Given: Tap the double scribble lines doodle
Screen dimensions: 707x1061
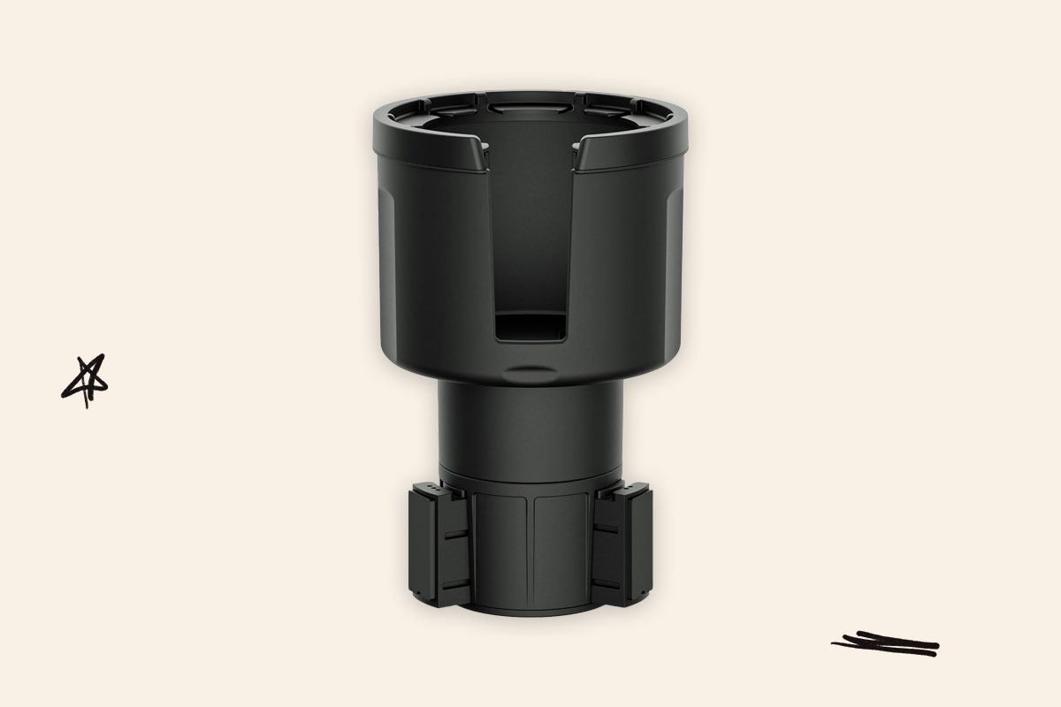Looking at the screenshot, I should point(885,644).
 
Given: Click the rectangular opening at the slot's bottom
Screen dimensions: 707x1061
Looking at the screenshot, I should point(529,329).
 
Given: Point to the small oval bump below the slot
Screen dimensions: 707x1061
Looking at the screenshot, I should point(530,369).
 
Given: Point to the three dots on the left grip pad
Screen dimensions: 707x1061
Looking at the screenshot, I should point(430,489).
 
